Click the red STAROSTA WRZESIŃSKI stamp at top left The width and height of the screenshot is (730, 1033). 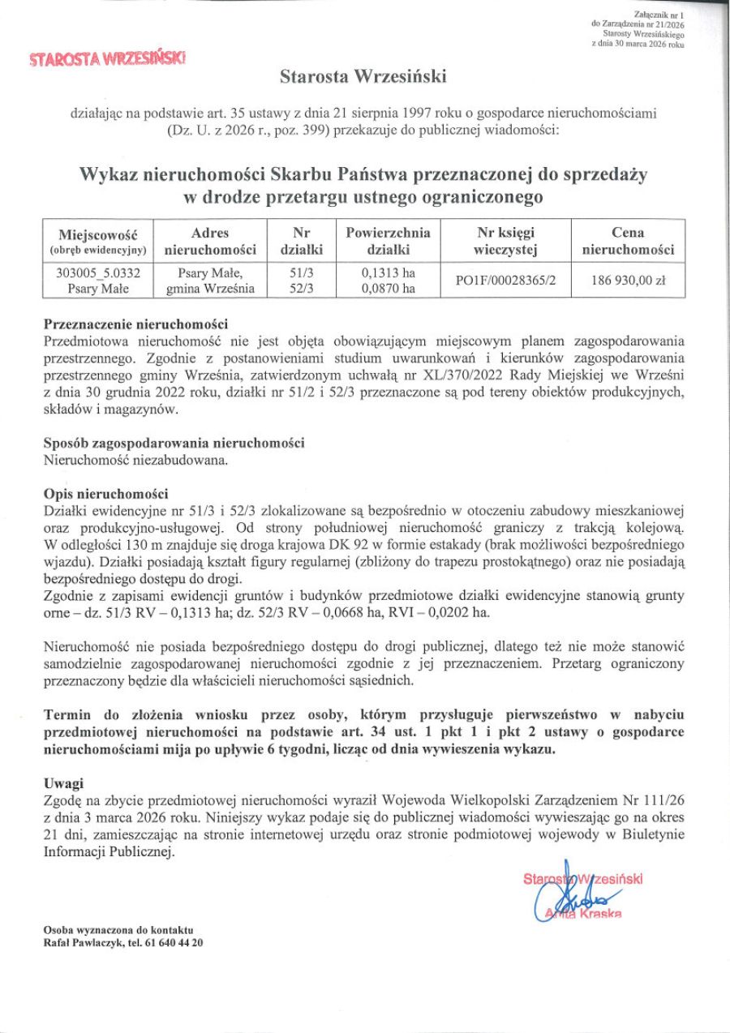[107, 58]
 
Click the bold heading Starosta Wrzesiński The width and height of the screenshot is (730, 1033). [363, 78]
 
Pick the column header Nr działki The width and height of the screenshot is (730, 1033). [302, 242]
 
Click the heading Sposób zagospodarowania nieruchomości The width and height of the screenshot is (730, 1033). [174, 444]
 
